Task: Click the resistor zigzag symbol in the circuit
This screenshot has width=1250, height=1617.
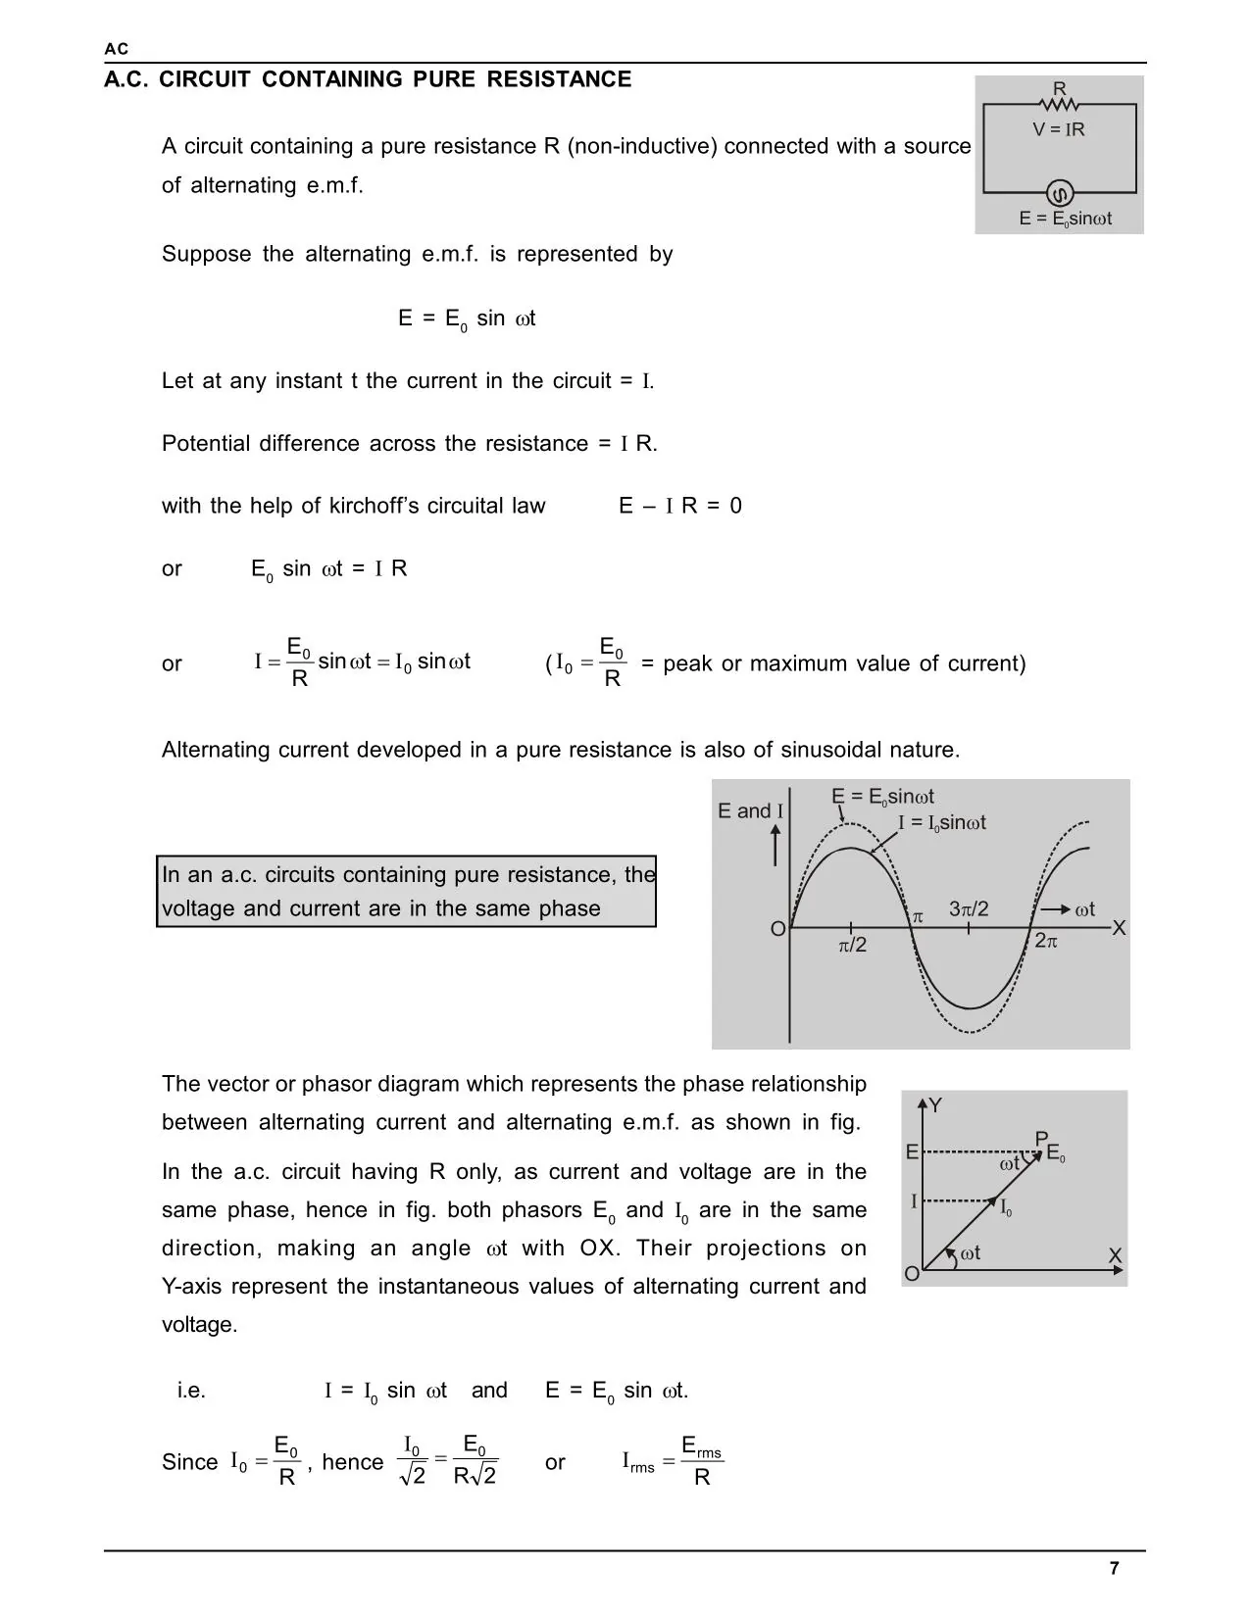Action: (x=1060, y=104)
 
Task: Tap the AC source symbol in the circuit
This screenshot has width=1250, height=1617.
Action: (x=1060, y=191)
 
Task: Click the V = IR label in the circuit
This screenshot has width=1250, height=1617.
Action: (x=1059, y=129)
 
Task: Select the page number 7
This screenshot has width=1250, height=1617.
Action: (x=1114, y=1568)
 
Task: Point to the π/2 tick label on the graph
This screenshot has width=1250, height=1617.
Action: (x=853, y=946)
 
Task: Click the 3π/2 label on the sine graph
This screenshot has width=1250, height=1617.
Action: (x=969, y=909)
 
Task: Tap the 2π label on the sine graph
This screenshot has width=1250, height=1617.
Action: (x=1046, y=941)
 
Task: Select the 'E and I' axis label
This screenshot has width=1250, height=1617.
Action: (x=750, y=810)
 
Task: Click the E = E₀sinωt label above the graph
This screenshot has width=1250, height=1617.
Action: (x=882, y=797)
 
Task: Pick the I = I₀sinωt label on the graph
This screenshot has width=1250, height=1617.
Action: (x=942, y=823)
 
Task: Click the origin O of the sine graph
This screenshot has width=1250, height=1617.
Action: (x=778, y=929)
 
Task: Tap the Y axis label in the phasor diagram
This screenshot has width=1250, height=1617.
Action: (x=935, y=1105)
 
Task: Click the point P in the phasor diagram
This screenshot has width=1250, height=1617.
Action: (x=1041, y=1138)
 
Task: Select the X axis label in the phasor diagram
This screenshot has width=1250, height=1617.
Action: (x=1115, y=1255)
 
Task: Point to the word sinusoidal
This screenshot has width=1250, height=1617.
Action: (x=831, y=750)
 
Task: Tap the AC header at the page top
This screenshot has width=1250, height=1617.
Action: (x=116, y=49)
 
